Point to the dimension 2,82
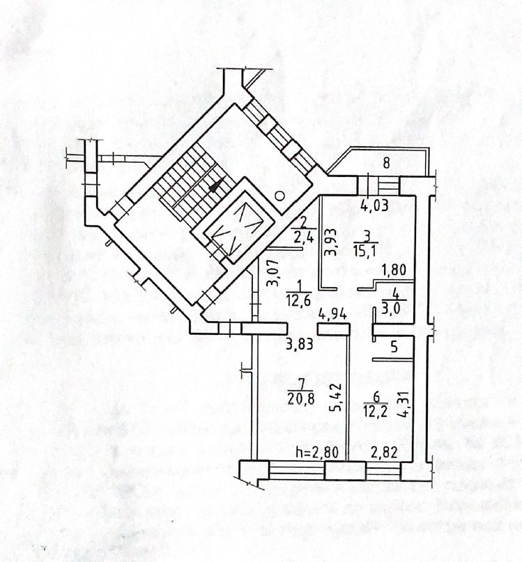click(x=383, y=451)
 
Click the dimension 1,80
click(x=391, y=268)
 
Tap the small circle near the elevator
click(x=279, y=195)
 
